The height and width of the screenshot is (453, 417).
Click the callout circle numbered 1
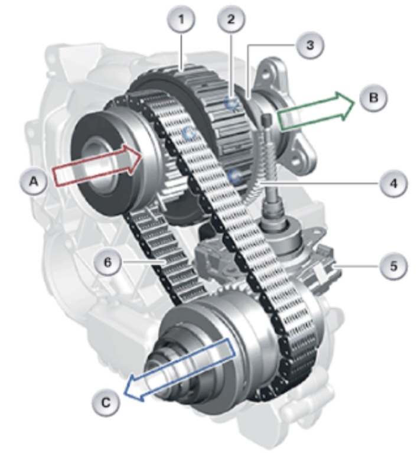pyautogui.click(x=181, y=19)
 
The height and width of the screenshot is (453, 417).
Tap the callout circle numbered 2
pyautogui.click(x=231, y=19)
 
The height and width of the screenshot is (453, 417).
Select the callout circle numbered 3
pyautogui.click(x=310, y=45)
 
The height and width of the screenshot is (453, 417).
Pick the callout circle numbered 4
pyautogui.click(x=393, y=184)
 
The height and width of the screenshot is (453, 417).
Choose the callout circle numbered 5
pyautogui.click(x=393, y=266)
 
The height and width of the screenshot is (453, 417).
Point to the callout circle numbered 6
pyautogui.click(x=107, y=263)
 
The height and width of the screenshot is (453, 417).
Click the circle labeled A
pyautogui.click(x=34, y=182)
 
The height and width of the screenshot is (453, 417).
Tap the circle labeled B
pyautogui.click(x=374, y=97)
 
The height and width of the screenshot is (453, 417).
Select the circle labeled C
pyautogui.click(x=106, y=402)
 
